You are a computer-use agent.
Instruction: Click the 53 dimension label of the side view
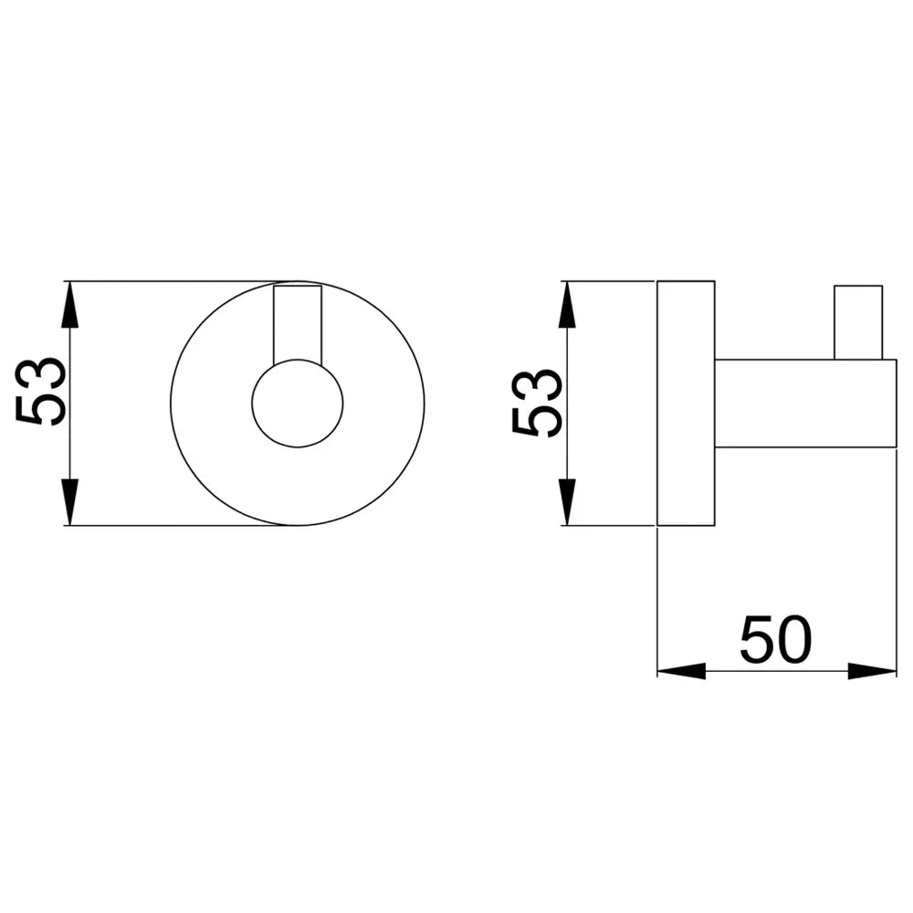(537, 403)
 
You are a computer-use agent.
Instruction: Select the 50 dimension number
(775, 640)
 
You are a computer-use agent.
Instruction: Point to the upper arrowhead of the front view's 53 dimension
(70, 304)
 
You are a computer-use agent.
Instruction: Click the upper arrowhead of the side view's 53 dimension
(568, 304)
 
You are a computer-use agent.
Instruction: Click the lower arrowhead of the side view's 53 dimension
(568, 502)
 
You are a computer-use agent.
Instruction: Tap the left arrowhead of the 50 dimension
(681, 671)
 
